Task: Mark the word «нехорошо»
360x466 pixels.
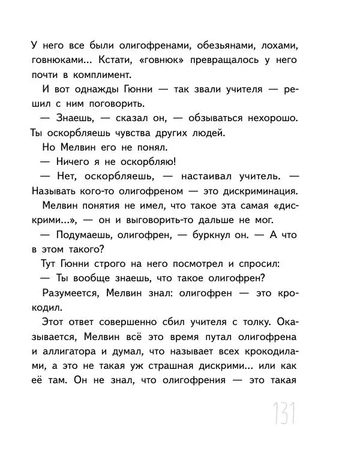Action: pos(272,118)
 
